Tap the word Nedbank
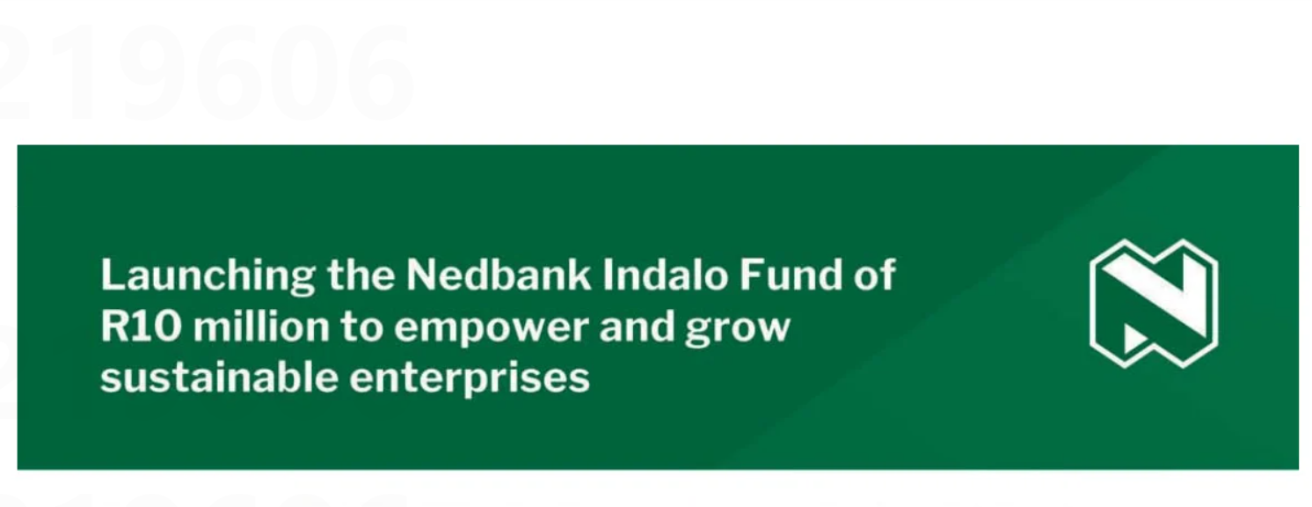pos(499,275)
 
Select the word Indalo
pos(666,275)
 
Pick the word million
pos(261,326)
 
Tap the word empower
pos(491,330)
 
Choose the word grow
pos(738,331)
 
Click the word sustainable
pos(219,377)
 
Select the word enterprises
pos(470,380)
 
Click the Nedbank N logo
pos(1154,304)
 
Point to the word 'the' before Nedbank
pos(361,275)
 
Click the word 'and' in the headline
pos(636,326)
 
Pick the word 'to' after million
pos(361,327)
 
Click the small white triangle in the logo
pos(1134,340)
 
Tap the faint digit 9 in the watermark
pos(152,73)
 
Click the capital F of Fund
pos(752,275)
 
